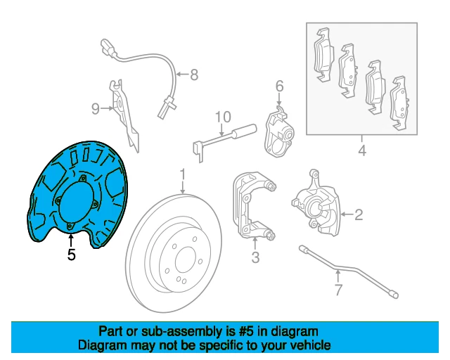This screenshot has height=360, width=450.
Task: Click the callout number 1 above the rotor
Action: click(181, 174)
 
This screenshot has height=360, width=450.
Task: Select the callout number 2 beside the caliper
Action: click(358, 214)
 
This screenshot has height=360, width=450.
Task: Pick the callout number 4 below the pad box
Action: click(361, 150)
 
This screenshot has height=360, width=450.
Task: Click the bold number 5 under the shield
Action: click(71, 255)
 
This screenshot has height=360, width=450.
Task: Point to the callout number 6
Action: click(279, 86)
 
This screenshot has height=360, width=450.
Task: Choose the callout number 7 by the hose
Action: click(337, 290)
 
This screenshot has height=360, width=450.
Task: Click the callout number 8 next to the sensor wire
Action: click(193, 73)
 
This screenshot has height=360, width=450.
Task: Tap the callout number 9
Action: click(95, 108)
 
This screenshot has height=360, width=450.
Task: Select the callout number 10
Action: click(222, 116)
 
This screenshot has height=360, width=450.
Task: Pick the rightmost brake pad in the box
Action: click(401, 102)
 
